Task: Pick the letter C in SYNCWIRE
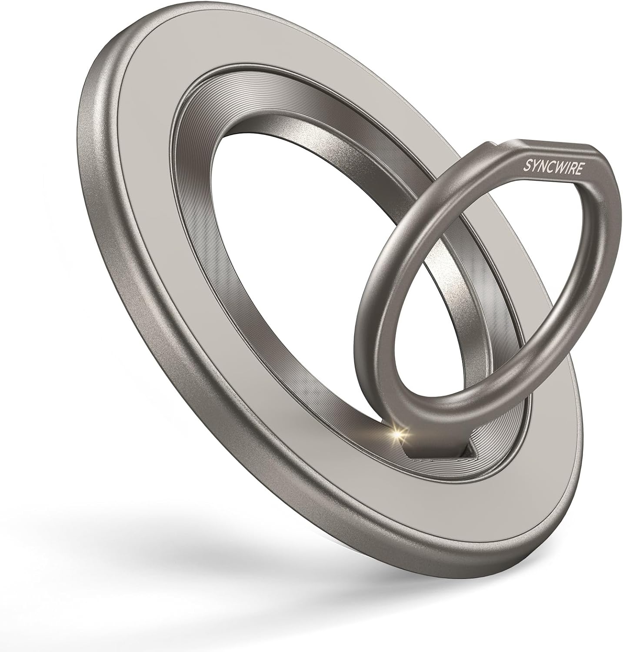tap(550, 166)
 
